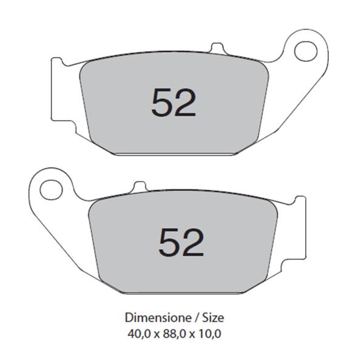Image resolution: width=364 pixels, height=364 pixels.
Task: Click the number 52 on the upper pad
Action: (174, 103)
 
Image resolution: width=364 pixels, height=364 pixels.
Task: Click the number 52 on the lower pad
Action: (181, 242)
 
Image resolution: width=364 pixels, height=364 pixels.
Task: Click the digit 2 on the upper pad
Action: (186, 103)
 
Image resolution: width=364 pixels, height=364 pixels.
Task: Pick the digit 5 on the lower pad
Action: (169, 242)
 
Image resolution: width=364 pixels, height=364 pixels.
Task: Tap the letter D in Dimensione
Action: (129, 317)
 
